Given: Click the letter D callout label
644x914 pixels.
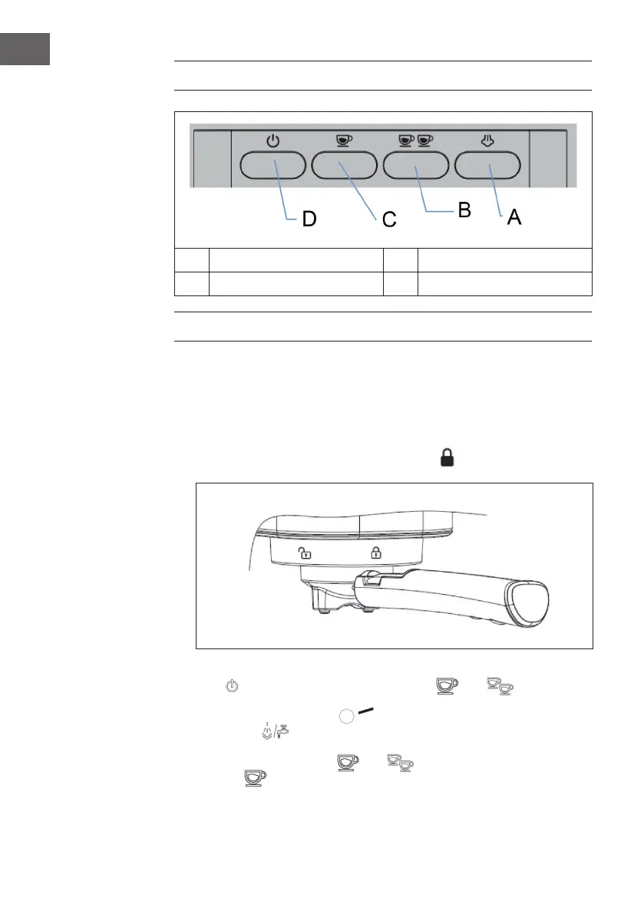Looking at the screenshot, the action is point(309,219).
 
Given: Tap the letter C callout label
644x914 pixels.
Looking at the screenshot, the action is point(389,220).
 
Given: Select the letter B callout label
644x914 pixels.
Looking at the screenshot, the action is point(464,210).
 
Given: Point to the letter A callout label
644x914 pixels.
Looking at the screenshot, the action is point(514,217).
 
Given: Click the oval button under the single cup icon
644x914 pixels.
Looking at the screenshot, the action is point(344,165).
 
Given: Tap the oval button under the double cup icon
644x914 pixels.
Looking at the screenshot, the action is point(416,165).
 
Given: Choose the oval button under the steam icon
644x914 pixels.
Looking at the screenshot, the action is point(488,165).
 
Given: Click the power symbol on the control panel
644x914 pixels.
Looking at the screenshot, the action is point(272,141).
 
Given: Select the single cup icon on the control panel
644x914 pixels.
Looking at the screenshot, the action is point(344,141).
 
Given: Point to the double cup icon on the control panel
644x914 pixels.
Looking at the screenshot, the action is point(416,141).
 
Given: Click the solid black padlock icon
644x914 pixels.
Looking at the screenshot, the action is point(447,459).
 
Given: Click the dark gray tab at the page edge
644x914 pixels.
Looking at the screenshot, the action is point(25,48).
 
